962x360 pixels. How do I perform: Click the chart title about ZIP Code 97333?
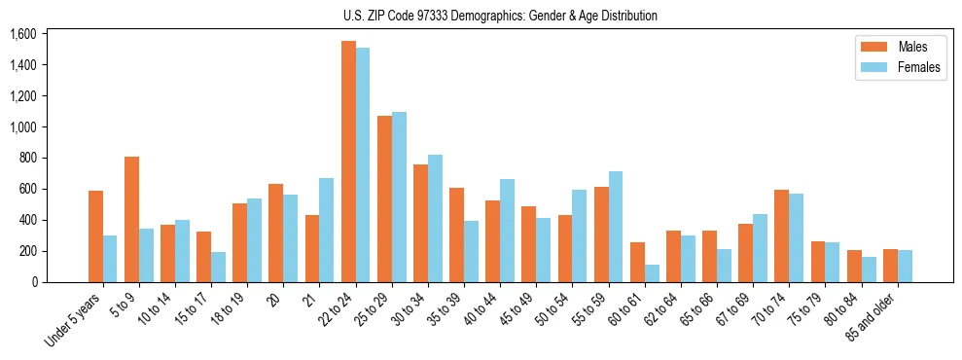tap(500, 16)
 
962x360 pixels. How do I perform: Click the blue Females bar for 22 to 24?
tap(363, 165)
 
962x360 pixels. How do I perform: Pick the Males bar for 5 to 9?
tap(131, 219)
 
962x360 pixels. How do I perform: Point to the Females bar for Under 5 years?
tap(110, 259)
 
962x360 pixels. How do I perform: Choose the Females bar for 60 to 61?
tap(652, 273)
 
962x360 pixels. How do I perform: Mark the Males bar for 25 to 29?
tap(384, 198)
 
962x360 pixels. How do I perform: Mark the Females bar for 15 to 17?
tap(218, 267)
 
